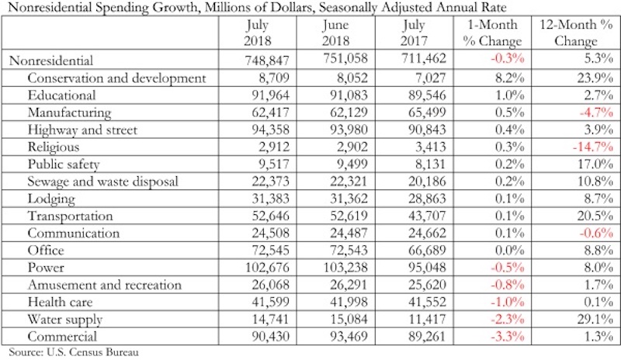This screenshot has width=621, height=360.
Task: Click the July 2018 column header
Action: [x=258, y=33]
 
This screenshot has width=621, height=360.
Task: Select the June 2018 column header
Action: [x=335, y=33]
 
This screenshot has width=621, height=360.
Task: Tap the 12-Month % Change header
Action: [x=576, y=33]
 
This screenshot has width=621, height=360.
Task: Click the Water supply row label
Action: [x=65, y=319]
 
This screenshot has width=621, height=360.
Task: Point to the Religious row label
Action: [x=54, y=147]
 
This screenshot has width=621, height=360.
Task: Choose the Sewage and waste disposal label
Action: [x=103, y=182]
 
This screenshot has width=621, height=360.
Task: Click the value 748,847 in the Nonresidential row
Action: [x=267, y=61]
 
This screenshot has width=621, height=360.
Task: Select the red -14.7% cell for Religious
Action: [x=593, y=147]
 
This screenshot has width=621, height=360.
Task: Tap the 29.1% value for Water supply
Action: [x=595, y=319]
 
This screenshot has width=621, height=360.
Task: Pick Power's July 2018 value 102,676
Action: [x=267, y=268]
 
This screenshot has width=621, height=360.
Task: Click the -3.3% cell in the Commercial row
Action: [x=508, y=336]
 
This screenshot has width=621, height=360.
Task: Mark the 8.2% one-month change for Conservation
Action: [x=510, y=78]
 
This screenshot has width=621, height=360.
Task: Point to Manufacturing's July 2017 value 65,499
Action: [x=428, y=112]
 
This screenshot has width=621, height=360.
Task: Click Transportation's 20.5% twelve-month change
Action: [x=595, y=216]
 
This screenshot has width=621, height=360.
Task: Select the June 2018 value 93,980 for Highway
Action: [x=349, y=130]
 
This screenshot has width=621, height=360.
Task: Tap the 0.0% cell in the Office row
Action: [x=510, y=251]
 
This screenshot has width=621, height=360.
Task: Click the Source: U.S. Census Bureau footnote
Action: [x=74, y=352]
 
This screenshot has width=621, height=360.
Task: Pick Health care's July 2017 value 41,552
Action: [x=428, y=302]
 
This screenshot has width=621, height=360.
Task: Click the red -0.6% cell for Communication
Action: [x=596, y=233]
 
